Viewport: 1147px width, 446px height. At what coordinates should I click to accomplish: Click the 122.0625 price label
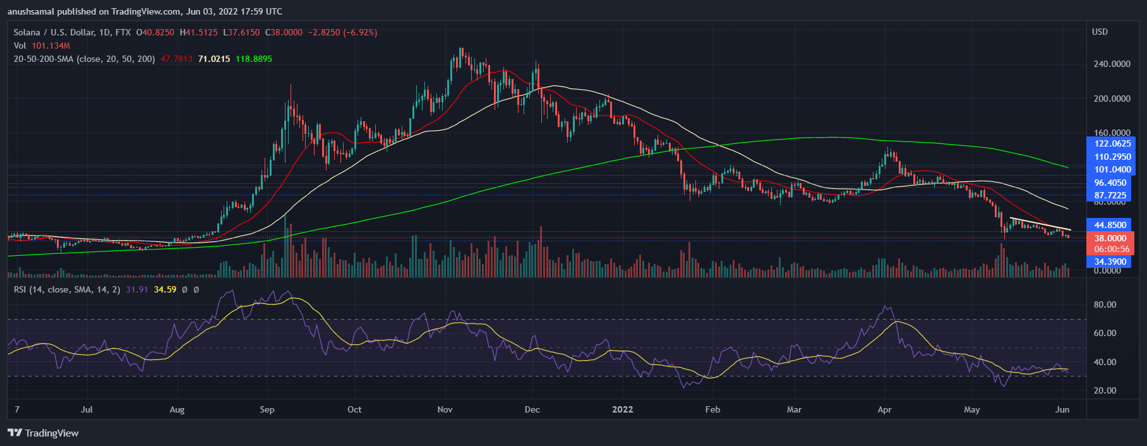(1112, 143)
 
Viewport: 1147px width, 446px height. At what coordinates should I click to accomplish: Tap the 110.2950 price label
(1112, 157)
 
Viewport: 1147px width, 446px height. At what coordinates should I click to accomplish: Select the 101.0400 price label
(1112, 169)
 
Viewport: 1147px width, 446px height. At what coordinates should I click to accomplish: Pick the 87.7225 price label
(1110, 195)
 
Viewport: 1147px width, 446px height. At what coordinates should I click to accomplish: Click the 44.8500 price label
(1110, 225)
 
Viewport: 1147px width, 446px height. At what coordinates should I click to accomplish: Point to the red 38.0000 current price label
(1110, 238)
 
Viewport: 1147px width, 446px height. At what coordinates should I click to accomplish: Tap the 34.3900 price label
(1110, 262)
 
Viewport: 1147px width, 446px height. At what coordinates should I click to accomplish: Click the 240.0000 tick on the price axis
(1111, 64)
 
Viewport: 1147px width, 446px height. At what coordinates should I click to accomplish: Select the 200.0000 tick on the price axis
(1111, 99)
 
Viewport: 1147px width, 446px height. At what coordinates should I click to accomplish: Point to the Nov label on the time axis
(445, 409)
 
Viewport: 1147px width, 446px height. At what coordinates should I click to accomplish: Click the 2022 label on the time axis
(622, 409)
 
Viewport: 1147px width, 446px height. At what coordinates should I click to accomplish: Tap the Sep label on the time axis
(267, 409)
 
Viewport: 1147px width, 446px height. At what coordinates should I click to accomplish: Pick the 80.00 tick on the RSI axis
(1105, 304)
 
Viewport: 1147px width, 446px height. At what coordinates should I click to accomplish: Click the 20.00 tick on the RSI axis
(1105, 390)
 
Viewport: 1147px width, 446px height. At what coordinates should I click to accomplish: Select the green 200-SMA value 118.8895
(254, 59)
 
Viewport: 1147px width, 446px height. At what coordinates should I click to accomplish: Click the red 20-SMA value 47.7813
(176, 59)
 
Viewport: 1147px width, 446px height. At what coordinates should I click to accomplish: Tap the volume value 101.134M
(51, 45)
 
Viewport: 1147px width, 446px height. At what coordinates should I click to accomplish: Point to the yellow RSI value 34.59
(165, 289)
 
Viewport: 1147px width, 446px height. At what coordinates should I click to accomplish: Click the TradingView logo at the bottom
(43, 433)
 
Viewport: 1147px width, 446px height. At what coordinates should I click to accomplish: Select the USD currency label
(1100, 32)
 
